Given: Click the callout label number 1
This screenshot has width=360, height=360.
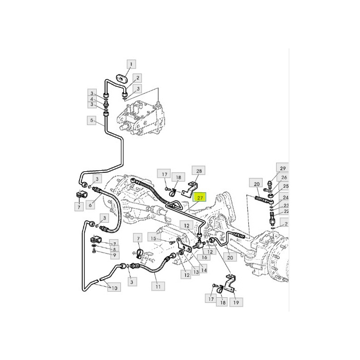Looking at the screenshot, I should [131, 64].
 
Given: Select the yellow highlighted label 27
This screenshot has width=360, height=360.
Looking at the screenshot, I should [200, 197].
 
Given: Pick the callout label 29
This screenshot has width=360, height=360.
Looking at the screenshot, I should [282, 169].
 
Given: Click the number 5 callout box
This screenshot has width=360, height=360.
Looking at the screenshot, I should [92, 121].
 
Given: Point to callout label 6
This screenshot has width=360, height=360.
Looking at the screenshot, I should [91, 205].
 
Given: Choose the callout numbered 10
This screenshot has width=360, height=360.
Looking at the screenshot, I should [114, 288].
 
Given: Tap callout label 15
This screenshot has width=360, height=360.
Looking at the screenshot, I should [153, 238].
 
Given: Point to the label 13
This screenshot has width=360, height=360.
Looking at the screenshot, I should [196, 272].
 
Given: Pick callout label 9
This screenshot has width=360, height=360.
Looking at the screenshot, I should [114, 255].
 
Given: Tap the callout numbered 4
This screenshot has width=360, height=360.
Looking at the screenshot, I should [92, 99].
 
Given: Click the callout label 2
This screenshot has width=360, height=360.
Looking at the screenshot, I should [137, 78].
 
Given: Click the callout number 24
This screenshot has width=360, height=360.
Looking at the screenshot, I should [285, 197].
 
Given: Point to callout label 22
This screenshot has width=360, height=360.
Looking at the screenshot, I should [286, 212].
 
